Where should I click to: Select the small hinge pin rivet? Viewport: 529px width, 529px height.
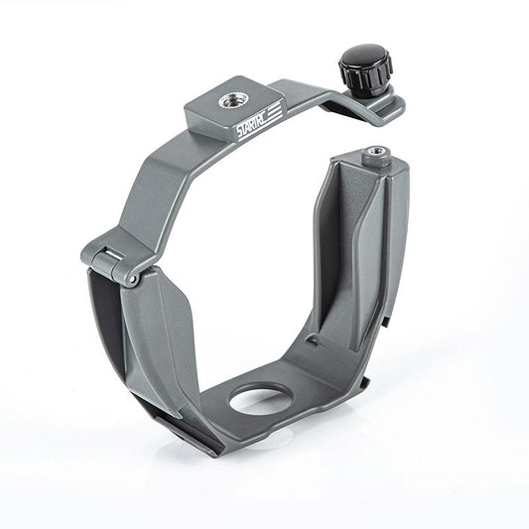130,281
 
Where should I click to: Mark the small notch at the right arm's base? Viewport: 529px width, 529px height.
314,342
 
